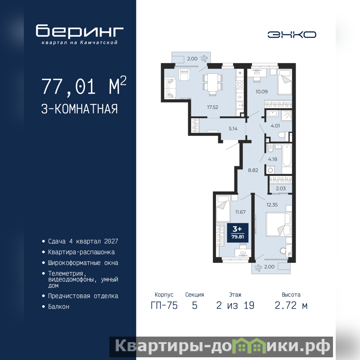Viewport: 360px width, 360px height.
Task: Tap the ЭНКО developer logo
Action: [x=292, y=35]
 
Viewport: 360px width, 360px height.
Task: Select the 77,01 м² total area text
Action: [x=84, y=85]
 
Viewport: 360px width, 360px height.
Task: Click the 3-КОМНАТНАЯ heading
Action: [x=80, y=109]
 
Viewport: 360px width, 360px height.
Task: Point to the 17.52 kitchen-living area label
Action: [x=212, y=107]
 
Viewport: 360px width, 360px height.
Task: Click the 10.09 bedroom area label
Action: [x=261, y=92]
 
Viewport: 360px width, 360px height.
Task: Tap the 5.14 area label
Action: [x=233, y=129]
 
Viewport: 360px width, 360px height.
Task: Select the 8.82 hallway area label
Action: [x=253, y=170]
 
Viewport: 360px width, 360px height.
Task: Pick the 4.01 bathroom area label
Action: [x=275, y=126]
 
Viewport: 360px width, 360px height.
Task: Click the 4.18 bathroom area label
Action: [x=273, y=159]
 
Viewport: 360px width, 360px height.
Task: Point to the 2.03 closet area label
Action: [x=281, y=189]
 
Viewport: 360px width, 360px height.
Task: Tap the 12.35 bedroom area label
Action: [x=272, y=205]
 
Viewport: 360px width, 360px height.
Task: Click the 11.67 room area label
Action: [x=240, y=212]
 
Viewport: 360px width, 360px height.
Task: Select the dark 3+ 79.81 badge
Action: [x=238, y=233]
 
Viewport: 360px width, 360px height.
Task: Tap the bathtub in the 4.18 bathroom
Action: [x=287, y=155]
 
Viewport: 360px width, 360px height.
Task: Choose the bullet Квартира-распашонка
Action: [x=81, y=252]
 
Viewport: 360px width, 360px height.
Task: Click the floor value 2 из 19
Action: [x=235, y=306]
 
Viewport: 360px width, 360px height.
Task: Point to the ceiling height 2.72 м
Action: [x=291, y=306]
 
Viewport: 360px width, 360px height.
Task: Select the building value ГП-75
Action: [x=164, y=306]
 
